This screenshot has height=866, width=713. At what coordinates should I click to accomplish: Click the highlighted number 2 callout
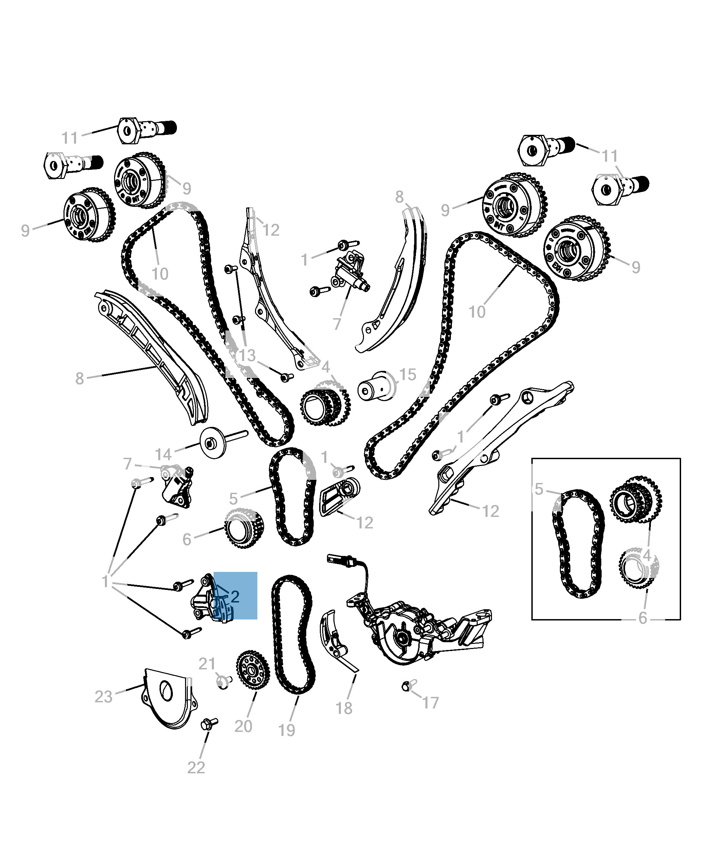pos(235,596)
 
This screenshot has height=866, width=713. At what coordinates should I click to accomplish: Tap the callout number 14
pos(163,455)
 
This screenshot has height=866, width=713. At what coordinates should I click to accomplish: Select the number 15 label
pos(407,374)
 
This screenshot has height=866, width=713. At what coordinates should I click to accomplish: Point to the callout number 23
pos(104,697)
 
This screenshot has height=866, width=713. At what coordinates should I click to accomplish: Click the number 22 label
pos(196,768)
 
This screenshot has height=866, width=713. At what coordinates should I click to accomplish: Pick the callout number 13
pos(247,355)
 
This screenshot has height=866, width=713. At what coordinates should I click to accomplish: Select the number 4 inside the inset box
pos(647,556)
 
